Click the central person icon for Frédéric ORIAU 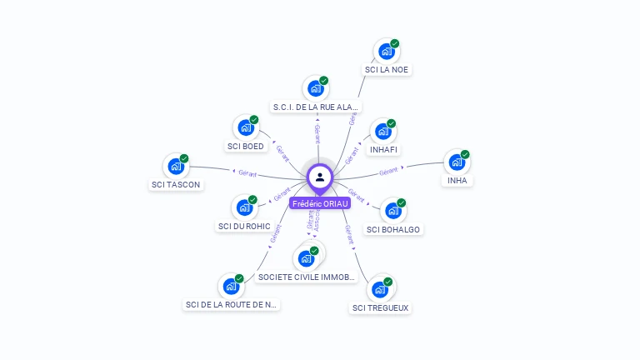[x=320, y=177]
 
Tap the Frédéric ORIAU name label [x=320, y=203]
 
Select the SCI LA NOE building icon [x=385, y=51]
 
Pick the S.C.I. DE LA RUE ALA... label [x=317, y=107]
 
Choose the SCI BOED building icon [x=245, y=127]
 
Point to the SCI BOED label [x=245, y=147]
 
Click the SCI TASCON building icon [x=175, y=166]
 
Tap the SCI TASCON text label [x=176, y=184]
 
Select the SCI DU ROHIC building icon [x=243, y=207]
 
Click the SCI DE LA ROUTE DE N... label [x=231, y=305]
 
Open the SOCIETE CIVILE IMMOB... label [x=307, y=277]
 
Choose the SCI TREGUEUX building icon [x=380, y=289]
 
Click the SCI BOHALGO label [x=393, y=229]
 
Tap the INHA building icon [x=456, y=162]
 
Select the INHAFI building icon [x=382, y=131]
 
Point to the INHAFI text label [x=383, y=150]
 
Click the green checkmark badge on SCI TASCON [x=184, y=158]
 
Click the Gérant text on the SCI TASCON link [x=247, y=173]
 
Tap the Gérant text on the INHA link [x=388, y=172]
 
